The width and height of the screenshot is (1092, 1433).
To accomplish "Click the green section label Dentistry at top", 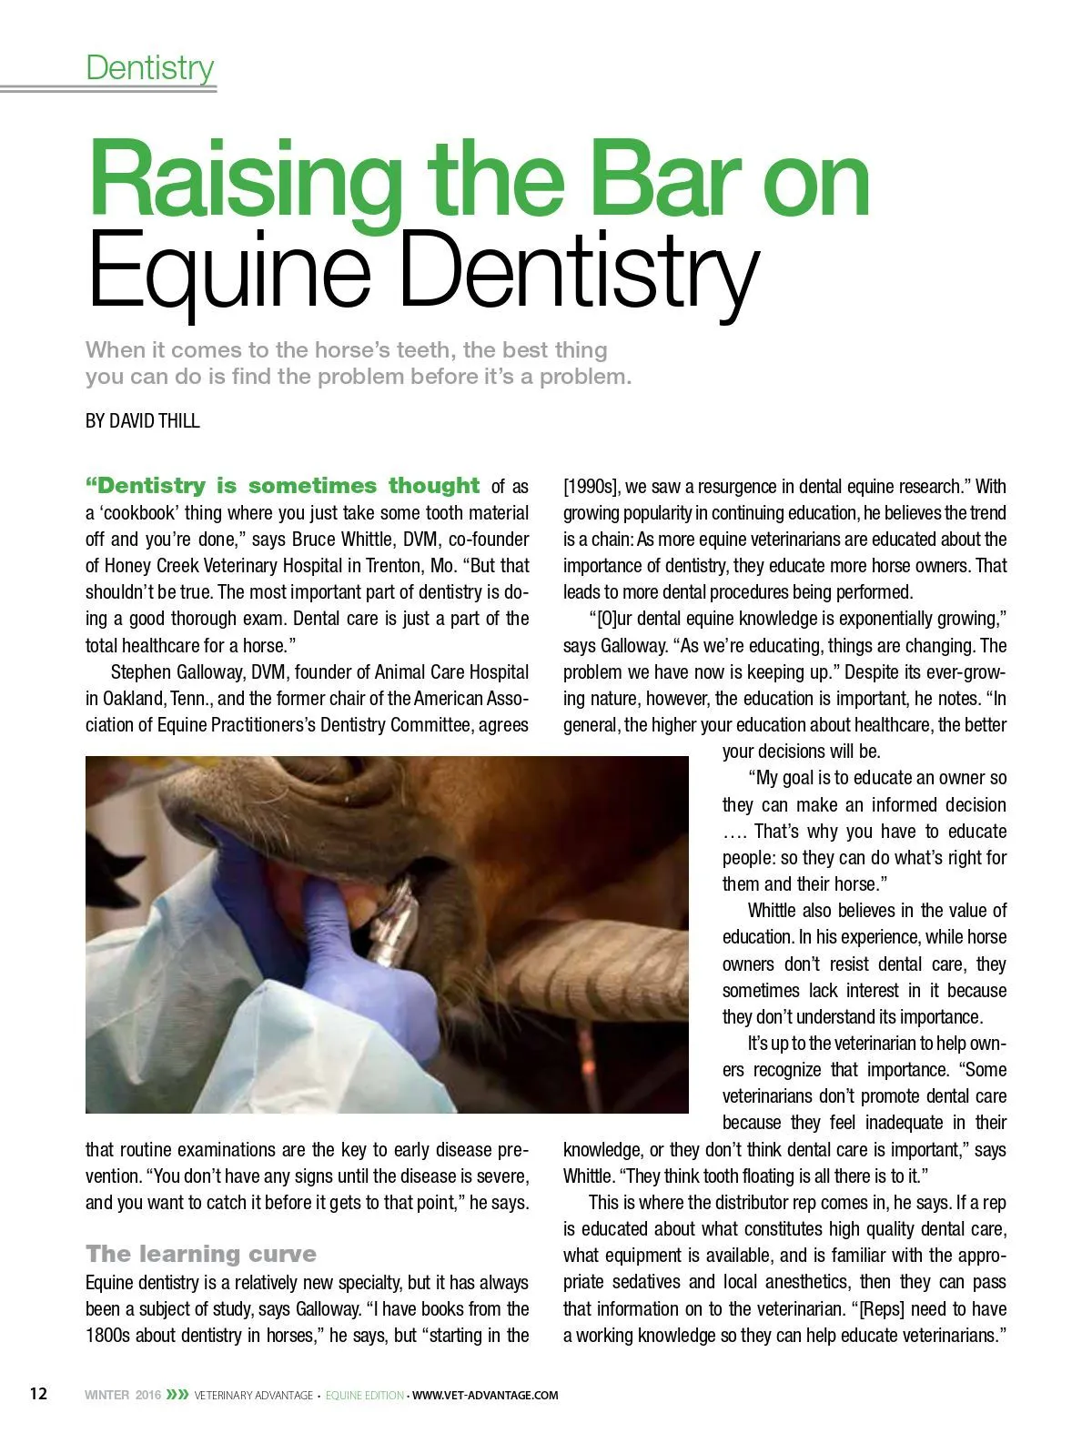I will (150, 67).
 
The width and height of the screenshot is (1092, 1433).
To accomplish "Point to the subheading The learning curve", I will (201, 1254).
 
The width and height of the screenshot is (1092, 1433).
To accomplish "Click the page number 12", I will (38, 1394).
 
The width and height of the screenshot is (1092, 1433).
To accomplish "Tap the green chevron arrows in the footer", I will (177, 1394).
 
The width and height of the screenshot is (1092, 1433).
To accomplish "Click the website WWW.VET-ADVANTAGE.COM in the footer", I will (485, 1395).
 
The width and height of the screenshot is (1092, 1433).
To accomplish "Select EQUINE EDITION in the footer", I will (364, 1395).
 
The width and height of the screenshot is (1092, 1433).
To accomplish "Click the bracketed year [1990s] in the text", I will (591, 487).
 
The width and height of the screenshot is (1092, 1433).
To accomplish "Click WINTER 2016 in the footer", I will (122, 1395).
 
